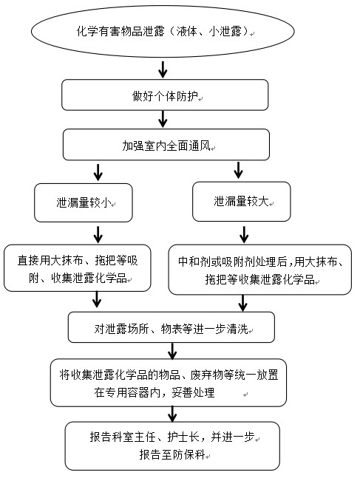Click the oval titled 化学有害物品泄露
163,31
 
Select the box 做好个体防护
165,95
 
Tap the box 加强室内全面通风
166,145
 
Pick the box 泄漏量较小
84,202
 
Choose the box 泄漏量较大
241,202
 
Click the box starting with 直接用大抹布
78,268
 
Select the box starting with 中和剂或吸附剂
260,270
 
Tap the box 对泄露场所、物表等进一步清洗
171,327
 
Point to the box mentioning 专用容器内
169,383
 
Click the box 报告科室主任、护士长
172,446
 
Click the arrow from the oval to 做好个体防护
163,69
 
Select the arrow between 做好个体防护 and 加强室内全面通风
163,119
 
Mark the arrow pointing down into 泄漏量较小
98,173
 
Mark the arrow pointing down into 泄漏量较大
238,170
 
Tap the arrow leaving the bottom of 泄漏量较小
98,234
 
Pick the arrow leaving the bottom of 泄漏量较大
244,234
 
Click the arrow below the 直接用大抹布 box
97,299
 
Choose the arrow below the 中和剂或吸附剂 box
243,303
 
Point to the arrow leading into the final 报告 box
172,414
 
